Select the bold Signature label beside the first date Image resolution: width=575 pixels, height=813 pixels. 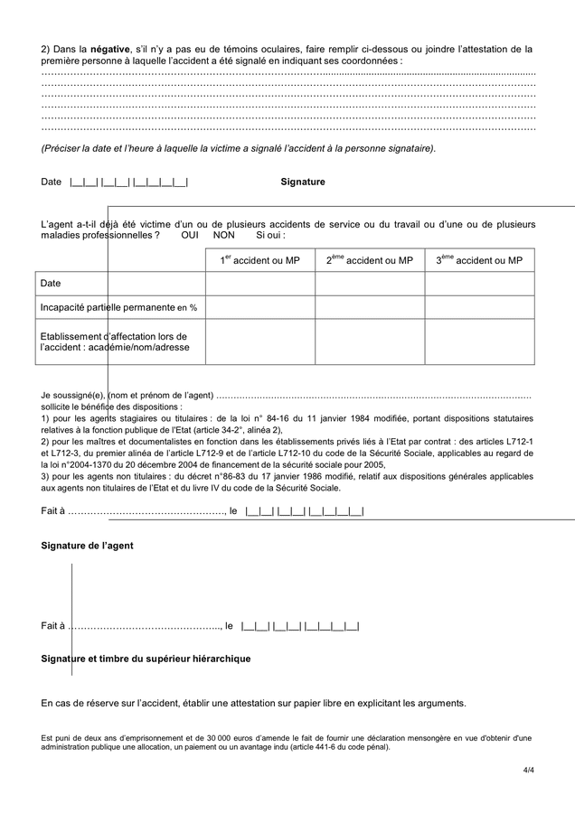[x=302, y=182]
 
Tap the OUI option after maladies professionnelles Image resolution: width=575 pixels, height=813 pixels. [x=190, y=235]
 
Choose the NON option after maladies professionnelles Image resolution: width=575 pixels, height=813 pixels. [x=223, y=235]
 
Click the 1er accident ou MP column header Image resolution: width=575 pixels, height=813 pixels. [x=259, y=260]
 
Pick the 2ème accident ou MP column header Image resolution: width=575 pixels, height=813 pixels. [x=369, y=260]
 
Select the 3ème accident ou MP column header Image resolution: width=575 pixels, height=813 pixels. [x=479, y=260]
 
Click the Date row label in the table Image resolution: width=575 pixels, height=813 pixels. [x=51, y=284]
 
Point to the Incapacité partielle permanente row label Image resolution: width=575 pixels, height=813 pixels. [x=118, y=307]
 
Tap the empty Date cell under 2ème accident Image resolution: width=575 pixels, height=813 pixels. [x=369, y=284]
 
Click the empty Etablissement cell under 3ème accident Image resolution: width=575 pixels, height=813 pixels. [x=479, y=342]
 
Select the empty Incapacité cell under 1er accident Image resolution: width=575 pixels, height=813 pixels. [x=259, y=307]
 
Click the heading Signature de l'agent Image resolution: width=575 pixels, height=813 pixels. [x=88, y=545]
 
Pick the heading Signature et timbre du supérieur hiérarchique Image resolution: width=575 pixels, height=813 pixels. [x=146, y=659]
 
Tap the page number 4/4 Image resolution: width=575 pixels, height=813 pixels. [x=528, y=770]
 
